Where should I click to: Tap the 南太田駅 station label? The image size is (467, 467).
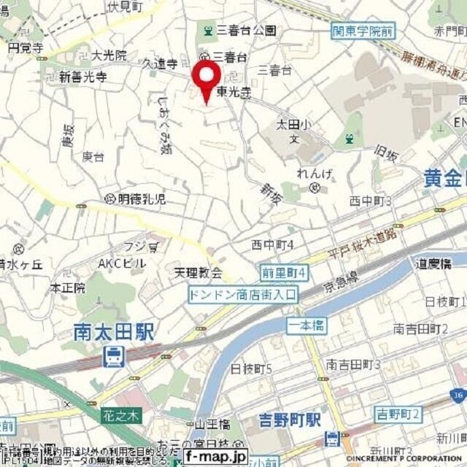[115, 333]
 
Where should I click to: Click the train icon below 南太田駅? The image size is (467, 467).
[113, 357]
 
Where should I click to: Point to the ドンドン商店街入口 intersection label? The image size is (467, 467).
[242, 295]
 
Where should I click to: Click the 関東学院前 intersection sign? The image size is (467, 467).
[362, 31]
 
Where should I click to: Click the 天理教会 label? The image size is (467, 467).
[198, 274]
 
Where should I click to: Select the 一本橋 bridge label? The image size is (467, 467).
[306, 326]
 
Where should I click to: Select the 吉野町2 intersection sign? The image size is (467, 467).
[398, 414]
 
